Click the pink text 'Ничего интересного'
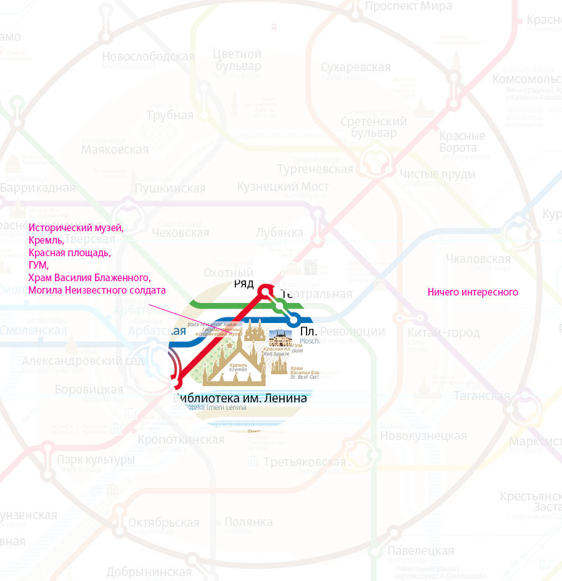473,292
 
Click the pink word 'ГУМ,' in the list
39,265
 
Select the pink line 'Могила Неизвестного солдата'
97,290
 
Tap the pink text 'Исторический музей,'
76,228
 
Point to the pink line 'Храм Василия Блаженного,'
89,277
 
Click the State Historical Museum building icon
254,330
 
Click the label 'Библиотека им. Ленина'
242,398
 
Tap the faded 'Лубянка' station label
280,233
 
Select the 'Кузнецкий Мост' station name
283,186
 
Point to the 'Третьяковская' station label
304,462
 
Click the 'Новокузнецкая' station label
423,435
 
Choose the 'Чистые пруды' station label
437,174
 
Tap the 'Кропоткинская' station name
181,440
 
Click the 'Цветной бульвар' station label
237,60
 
